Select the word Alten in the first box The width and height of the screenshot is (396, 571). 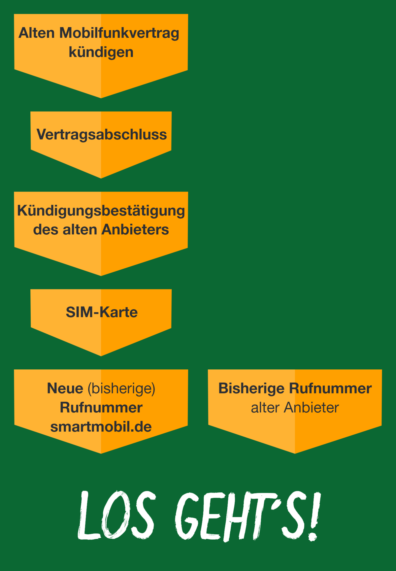click(x=37, y=33)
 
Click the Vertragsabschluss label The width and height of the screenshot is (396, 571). click(x=102, y=135)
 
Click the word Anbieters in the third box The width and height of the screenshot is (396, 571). click(x=135, y=230)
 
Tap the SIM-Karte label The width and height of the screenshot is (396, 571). click(x=102, y=312)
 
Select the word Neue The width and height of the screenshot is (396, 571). click(x=65, y=388)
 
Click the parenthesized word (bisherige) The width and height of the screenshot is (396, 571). click(x=121, y=389)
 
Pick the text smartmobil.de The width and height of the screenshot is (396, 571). click(x=101, y=427)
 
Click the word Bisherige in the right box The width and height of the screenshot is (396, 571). click(x=251, y=389)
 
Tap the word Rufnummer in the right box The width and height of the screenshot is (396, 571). click(x=330, y=388)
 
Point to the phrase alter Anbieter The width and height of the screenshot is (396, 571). click(x=295, y=408)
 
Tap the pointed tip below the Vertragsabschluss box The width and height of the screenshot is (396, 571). click(x=101, y=178)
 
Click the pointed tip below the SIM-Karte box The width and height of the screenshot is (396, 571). click(x=101, y=356)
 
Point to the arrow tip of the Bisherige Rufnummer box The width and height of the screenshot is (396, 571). click(x=295, y=453)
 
